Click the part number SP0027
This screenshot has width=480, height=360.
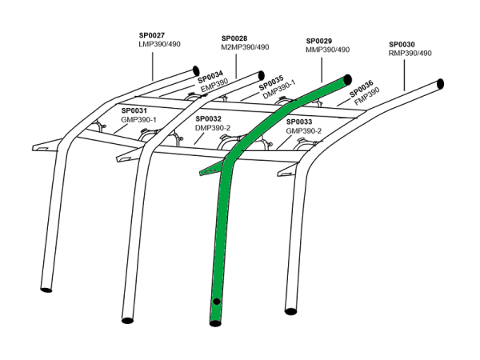(152, 36)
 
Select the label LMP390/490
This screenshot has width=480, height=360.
(160, 45)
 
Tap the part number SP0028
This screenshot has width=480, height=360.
(235, 38)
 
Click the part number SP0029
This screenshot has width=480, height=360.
(320, 41)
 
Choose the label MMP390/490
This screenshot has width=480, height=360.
(328, 50)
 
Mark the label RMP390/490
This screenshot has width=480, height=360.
(410, 54)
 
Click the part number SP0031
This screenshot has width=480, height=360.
(135, 110)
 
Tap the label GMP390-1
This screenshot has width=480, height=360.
(139, 119)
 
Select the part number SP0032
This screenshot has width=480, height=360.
(209, 118)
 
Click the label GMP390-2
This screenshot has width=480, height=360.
(304, 130)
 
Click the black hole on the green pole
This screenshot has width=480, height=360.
(216, 299)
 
